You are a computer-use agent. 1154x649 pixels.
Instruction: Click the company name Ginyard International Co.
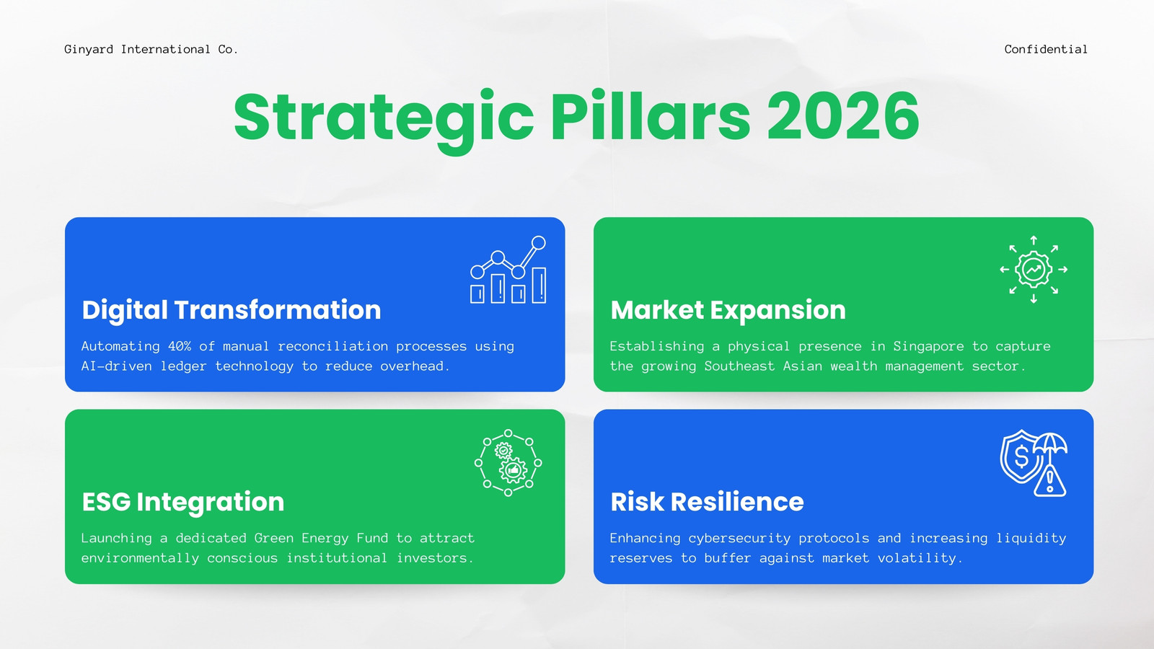tap(151, 50)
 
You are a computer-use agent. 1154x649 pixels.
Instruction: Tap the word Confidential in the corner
tap(1046, 50)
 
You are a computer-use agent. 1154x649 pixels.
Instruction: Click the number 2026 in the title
tap(843, 116)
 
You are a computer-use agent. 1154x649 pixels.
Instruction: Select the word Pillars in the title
tap(650, 115)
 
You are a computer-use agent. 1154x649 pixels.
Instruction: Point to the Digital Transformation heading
tap(232, 310)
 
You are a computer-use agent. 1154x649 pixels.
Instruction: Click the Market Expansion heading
tap(728, 310)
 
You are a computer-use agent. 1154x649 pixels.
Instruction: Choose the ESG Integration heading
tap(183, 502)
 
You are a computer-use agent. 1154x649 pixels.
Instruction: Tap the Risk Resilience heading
tap(707, 502)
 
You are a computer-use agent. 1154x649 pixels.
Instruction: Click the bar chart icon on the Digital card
tap(508, 270)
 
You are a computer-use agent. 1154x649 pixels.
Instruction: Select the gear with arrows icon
tap(1034, 270)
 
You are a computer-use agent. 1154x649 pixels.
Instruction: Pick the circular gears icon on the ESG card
tap(508, 462)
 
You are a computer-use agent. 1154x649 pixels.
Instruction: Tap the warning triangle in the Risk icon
tap(1049, 482)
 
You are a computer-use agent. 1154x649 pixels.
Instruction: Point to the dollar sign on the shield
tap(1021, 456)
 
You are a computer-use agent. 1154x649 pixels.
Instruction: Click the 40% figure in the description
tap(180, 346)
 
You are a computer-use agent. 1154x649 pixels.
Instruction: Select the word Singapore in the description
tap(928, 347)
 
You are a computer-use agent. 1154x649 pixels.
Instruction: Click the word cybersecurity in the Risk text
tap(739, 539)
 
